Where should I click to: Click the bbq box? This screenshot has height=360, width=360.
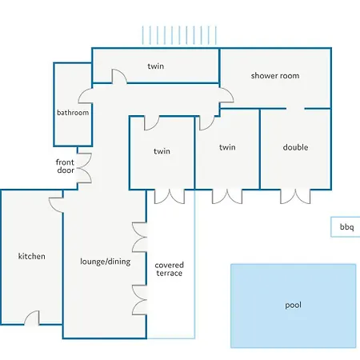[346, 226]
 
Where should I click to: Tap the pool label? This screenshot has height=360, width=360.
[293, 305]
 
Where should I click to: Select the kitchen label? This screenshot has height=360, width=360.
[31, 256]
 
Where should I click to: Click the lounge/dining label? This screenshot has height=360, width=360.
[106, 262]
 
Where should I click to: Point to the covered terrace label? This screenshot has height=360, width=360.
[170, 269]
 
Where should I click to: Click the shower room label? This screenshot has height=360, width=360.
[275, 76]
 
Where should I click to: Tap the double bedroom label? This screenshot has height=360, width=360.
[295, 147]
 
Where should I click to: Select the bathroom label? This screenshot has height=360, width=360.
[73, 113]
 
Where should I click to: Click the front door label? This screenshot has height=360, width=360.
[65, 166]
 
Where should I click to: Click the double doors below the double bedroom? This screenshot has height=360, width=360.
[295, 198]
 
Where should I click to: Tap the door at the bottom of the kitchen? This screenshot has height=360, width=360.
[32, 318]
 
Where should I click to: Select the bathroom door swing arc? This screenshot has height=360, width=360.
[85, 96]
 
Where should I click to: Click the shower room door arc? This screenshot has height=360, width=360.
[226, 94]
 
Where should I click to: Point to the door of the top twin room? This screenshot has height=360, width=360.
[119, 76]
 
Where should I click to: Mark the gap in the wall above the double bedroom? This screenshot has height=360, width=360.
[295, 109]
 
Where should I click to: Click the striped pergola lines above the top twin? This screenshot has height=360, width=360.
[179, 35]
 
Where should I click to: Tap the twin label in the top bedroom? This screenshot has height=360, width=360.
[156, 66]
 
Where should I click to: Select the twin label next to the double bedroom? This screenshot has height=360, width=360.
[227, 147]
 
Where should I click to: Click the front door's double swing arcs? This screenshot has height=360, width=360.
[85, 168]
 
